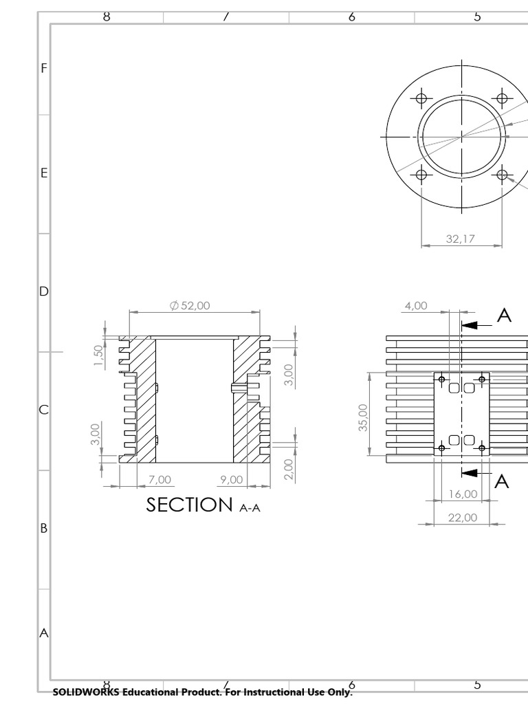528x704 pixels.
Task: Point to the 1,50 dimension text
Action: pyautogui.click(x=98, y=356)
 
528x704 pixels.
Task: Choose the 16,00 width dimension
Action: pyautogui.click(x=462, y=494)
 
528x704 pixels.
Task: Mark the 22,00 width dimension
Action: pyautogui.click(x=462, y=517)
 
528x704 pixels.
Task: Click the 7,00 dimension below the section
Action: pyautogui.click(x=159, y=478)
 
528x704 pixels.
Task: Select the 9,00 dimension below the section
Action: pyautogui.click(x=232, y=478)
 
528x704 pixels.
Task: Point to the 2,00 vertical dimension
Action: pyautogui.click(x=288, y=469)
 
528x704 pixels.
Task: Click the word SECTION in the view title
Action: pyautogui.click(x=189, y=505)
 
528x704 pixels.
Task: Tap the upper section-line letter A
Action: pyautogui.click(x=504, y=316)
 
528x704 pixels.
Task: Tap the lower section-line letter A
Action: pyautogui.click(x=503, y=482)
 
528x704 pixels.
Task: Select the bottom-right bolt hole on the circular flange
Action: pyautogui.click(x=502, y=174)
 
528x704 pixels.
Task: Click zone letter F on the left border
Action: pyautogui.click(x=44, y=68)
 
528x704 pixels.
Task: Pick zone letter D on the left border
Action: pyautogui.click(x=44, y=291)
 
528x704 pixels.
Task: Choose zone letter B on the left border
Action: pyautogui.click(x=44, y=529)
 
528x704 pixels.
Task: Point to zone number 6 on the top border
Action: pyautogui.click(x=351, y=17)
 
